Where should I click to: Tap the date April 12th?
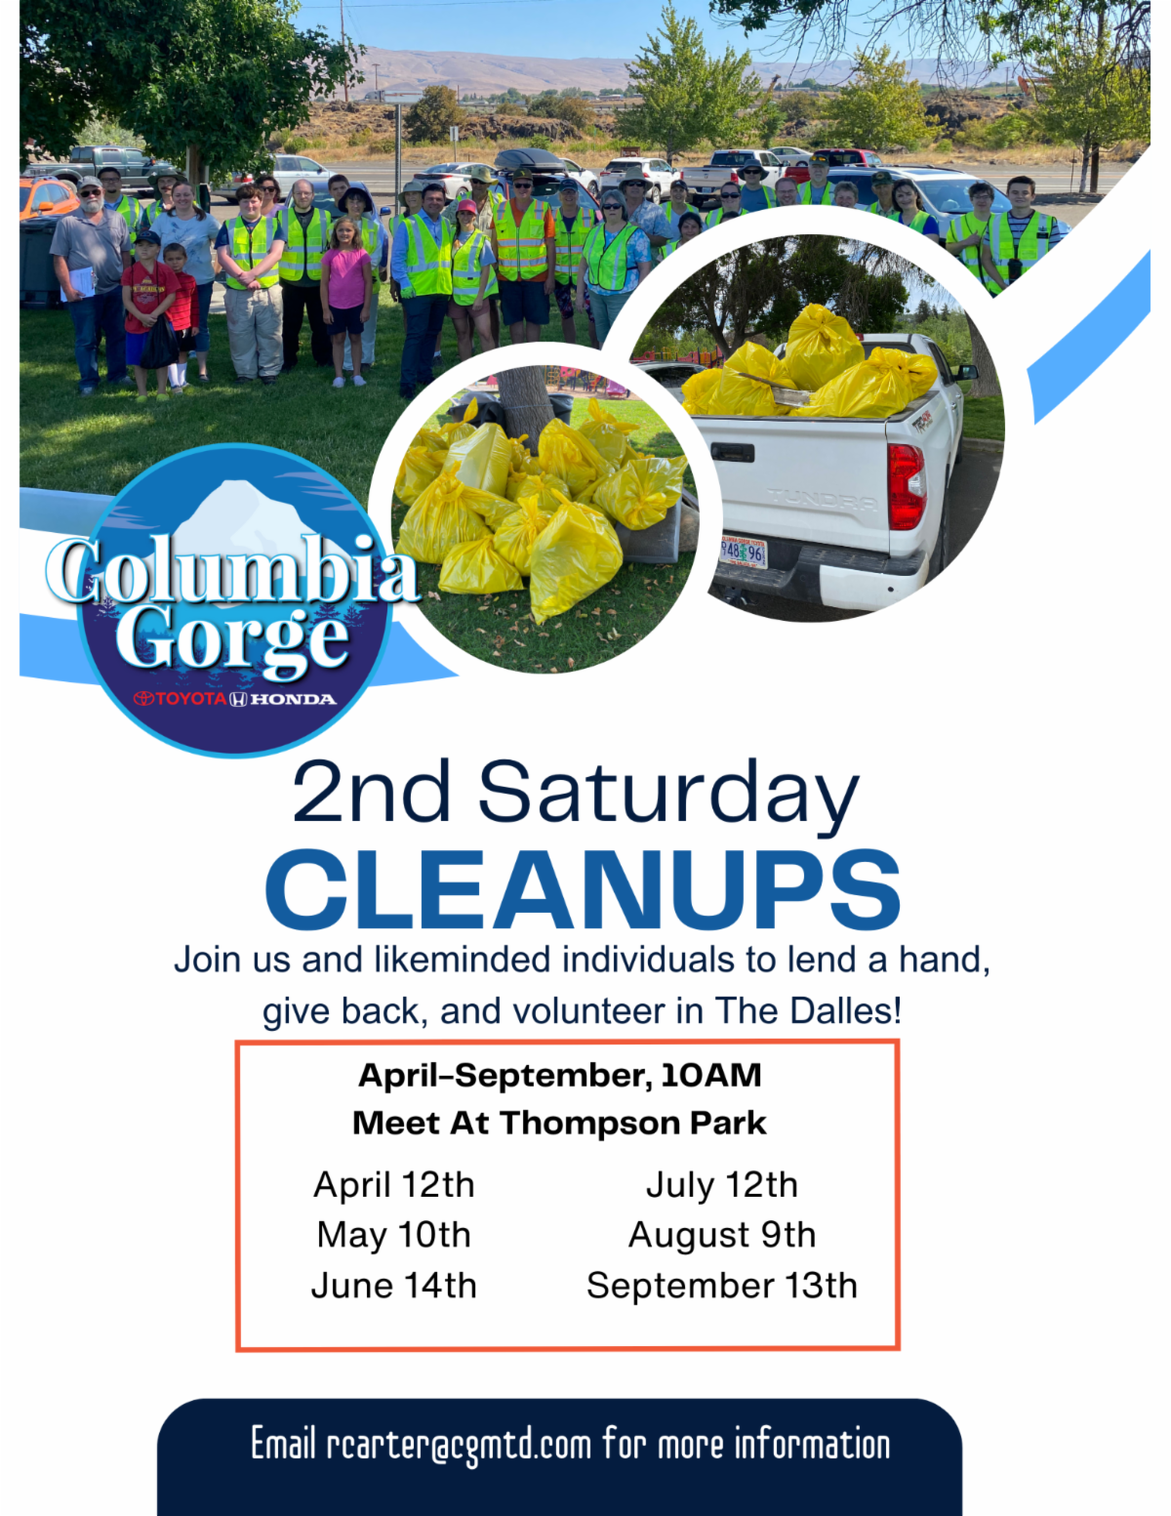click(394, 1185)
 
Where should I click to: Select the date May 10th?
click(394, 1235)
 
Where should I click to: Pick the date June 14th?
click(394, 1285)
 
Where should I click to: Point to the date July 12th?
click(722, 1185)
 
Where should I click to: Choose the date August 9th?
click(722, 1236)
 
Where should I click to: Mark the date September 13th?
click(722, 1286)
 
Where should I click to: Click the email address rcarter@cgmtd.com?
click(459, 1444)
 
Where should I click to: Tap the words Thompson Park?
click(633, 1124)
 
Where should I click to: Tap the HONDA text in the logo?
click(293, 699)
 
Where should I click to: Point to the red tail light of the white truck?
click(906, 486)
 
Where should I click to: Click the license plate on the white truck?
click(745, 553)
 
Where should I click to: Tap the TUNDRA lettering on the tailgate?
click(823, 500)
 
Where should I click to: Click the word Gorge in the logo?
click(231, 638)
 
